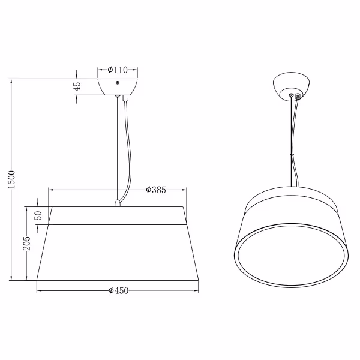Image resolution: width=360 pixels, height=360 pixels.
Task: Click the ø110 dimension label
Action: click(118, 70)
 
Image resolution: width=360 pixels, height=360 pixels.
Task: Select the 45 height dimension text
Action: click(77, 87)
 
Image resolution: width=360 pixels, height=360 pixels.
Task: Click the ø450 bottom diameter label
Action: click(119, 291)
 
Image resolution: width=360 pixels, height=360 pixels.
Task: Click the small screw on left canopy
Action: click(118, 82)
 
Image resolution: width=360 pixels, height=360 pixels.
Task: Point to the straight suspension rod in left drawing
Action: click(116, 150)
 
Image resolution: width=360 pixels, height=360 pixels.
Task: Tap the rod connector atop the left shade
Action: click(118, 203)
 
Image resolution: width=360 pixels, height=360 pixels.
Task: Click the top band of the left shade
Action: click(118, 215)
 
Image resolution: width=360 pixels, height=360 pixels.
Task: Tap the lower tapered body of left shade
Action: click(118, 252)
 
